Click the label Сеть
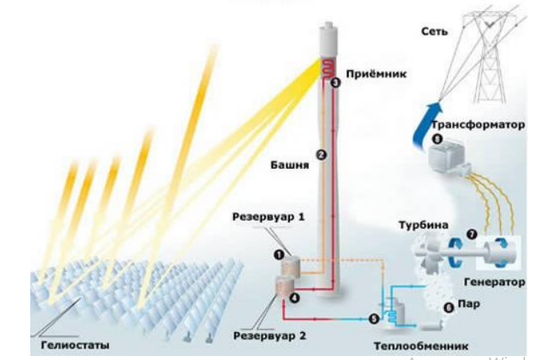tap(434, 31)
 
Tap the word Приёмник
tap(377, 74)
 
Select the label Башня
tap(290, 165)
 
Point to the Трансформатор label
tap(478, 125)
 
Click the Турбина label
tap(424, 225)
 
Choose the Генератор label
tap(494, 282)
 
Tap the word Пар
tap(469, 303)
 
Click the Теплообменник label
tap(421, 346)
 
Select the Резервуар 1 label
tap(268, 217)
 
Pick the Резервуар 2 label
tap(270, 336)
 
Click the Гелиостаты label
tap(75, 345)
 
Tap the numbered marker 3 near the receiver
tap(336, 83)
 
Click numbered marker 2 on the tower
tap(321, 155)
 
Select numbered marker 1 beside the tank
tap(279, 255)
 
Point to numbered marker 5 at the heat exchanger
tap(374, 319)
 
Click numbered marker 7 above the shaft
tap(472, 234)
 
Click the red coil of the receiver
tap(329, 68)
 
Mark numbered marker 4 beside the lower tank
tap(295, 298)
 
